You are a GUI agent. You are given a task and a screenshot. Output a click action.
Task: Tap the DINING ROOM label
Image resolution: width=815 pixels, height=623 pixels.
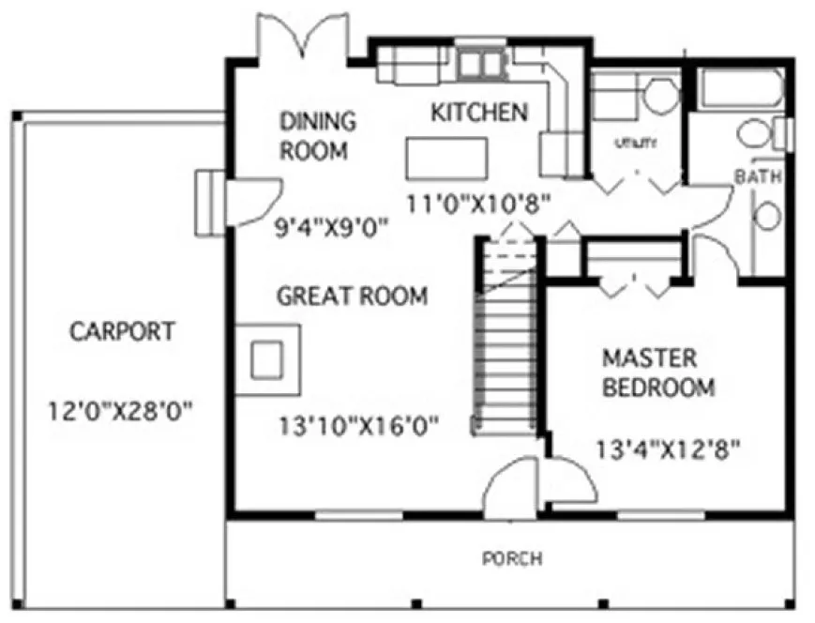click(317, 135)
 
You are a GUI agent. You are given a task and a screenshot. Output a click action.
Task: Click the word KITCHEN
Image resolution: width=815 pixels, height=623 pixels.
click(478, 113)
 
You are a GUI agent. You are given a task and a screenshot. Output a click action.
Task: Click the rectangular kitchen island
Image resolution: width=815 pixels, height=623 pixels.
click(446, 158)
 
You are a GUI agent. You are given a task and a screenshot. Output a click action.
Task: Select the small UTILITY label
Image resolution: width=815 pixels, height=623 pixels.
click(635, 144)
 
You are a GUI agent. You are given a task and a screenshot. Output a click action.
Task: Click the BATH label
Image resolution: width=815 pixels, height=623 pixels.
click(757, 176)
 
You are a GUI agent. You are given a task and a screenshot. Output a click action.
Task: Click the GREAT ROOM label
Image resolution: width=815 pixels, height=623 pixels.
click(352, 296)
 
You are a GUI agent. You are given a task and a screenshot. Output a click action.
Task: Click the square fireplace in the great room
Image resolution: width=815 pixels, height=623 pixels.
click(267, 358)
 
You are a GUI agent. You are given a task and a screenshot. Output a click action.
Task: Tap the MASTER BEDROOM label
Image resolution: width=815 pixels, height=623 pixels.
click(658, 372)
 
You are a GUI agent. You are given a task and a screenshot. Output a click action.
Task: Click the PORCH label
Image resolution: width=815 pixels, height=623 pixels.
click(511, 559)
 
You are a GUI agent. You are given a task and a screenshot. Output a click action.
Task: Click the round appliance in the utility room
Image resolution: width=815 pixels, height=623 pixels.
click(662, 96)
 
